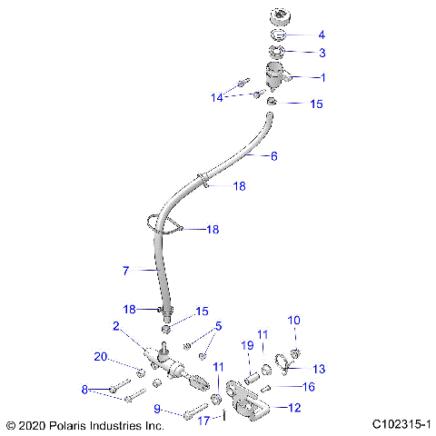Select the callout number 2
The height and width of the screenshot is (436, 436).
point(116,326)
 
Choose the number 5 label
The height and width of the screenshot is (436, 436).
point(217,327)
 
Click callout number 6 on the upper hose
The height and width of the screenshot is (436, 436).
point(274,156)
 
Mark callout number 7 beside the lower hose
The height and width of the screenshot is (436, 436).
point(127,271)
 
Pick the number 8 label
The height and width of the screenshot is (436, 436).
point(85,390)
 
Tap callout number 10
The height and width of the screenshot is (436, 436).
point(293,320)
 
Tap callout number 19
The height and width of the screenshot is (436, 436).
point(246,345)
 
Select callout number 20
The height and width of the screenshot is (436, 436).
point(102,356)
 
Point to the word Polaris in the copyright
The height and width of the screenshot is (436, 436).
point(74,424)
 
